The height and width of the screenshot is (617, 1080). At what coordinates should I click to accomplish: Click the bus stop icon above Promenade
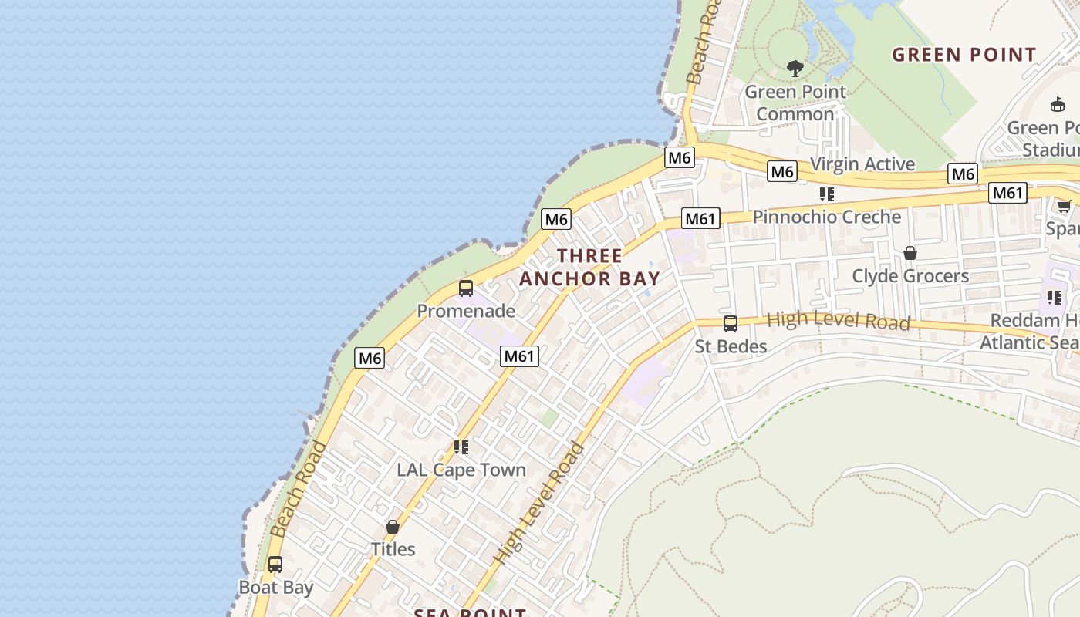(x=466, y=288)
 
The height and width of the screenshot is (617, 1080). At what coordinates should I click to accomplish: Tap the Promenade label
(x=466, y=311)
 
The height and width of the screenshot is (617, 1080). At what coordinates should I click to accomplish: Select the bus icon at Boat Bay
(x=275, y=565)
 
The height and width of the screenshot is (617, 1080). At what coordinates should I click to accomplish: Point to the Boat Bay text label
(x=276, y=587)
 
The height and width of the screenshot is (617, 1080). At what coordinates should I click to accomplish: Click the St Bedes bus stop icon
(x=731, y=324)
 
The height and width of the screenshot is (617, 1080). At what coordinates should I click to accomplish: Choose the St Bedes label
(x=731, y=346)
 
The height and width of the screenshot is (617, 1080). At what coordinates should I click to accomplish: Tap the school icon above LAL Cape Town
(x=461, y=447)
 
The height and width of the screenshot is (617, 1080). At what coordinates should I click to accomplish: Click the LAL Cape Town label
(x=461, y=470)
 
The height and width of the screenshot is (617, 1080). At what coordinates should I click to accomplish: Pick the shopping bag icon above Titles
(x=393, y=528)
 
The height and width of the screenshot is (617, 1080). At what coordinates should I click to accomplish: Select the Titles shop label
(x=393, y=549)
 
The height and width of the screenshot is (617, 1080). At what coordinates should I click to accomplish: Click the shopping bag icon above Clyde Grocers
(x=910, y=253)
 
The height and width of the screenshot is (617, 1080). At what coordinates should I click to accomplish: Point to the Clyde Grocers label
(x=910, y=275)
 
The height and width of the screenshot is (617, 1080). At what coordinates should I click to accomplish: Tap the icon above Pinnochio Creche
(x=827, y=194)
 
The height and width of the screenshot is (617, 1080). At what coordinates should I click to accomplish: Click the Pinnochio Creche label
(x=827, y=217)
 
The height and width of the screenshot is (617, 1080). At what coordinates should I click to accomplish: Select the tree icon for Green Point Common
(x=795, y=69)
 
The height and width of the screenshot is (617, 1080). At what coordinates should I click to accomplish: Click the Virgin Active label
(x=862, y=164)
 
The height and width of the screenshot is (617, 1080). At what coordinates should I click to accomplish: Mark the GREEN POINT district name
(x=964, y=55)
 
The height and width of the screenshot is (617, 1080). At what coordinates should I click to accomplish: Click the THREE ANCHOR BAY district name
(x=590, y=267)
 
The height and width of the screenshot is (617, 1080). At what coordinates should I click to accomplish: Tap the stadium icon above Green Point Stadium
(x=1058, y=105)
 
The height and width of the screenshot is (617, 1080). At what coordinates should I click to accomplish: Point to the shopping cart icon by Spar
(x=1065, y=206)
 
